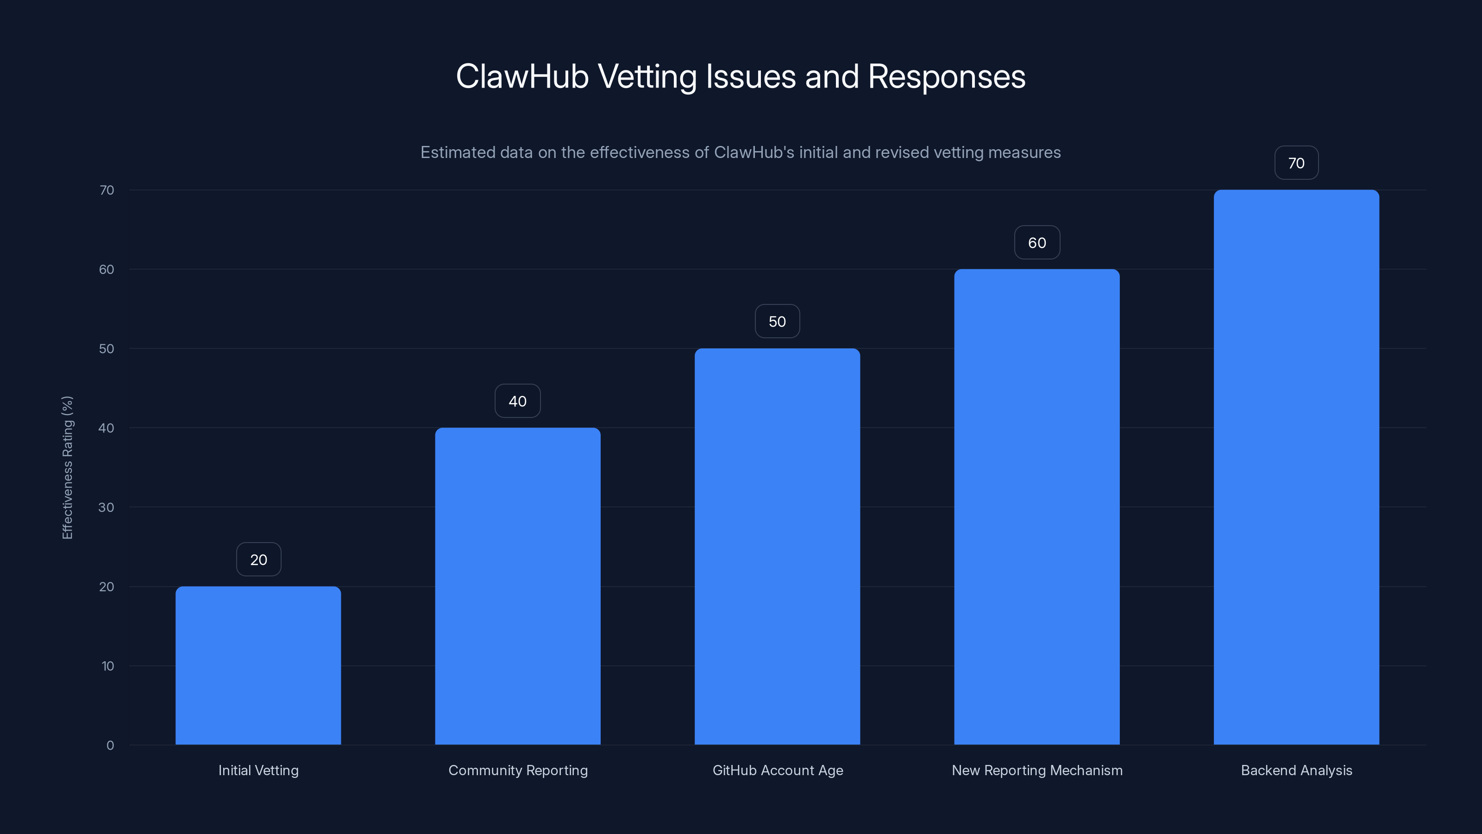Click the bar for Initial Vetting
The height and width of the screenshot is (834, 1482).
click(x=258, y=665)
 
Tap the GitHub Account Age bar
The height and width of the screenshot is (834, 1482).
click(x=777, y=546)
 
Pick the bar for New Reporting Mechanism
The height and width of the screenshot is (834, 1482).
click(x=1037, y=506)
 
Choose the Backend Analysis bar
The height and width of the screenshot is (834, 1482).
click(x=1296, y=467)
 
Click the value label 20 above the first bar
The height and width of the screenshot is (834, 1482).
click(x=258, y=559)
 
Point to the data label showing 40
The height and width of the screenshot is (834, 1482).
click(x=517, y=401)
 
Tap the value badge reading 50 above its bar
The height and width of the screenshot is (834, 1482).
click(x=777, y=322)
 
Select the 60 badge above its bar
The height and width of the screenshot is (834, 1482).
click(x=1037, y=243)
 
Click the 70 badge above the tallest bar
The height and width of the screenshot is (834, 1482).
click(x=1296, y=164)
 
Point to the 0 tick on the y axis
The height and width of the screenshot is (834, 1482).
click(x=110, y=746)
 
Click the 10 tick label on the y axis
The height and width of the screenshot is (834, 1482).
click(x=107, y=666)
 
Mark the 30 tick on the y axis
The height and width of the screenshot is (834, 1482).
click(x=107, y=507)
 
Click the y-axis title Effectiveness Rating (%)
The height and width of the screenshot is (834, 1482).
click(x=67, y=468)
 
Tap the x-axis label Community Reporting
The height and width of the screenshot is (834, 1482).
click(x=518, y=770)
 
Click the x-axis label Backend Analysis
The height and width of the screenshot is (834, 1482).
click(x=1296, y=770)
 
